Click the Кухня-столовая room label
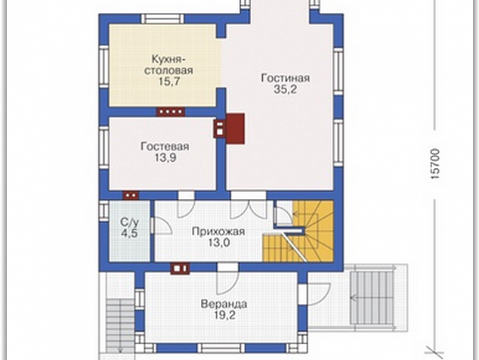pyautogui.click(x=168, y=64)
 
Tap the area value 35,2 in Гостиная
pyautogui.click(x=286, y=89)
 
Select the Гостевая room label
pyautogui.click(x=165, y=147)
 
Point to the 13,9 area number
pyautogui.click(x=165, y=158)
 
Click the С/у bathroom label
pyautogui.click(x=129, y=222)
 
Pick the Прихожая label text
pyautogui.click(x=218, y=231)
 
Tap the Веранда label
pyautogui.click(x=224, y=304)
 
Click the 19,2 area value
pyautogui.click(x=224, y=315)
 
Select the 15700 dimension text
pyautogui.click(x=435, y=163)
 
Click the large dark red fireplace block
pyautogui.click(x=235, y=129)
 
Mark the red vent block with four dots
pyautogui.click(x=171, y=112)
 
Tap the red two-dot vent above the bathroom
pyautogui.click(x=131, y=195)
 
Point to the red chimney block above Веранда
pyautogui.click(x=180, y=268)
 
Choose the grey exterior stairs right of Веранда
pyautogui.click(x=372, y=297)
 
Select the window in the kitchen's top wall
pyautogui.click(x=163, y=19)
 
